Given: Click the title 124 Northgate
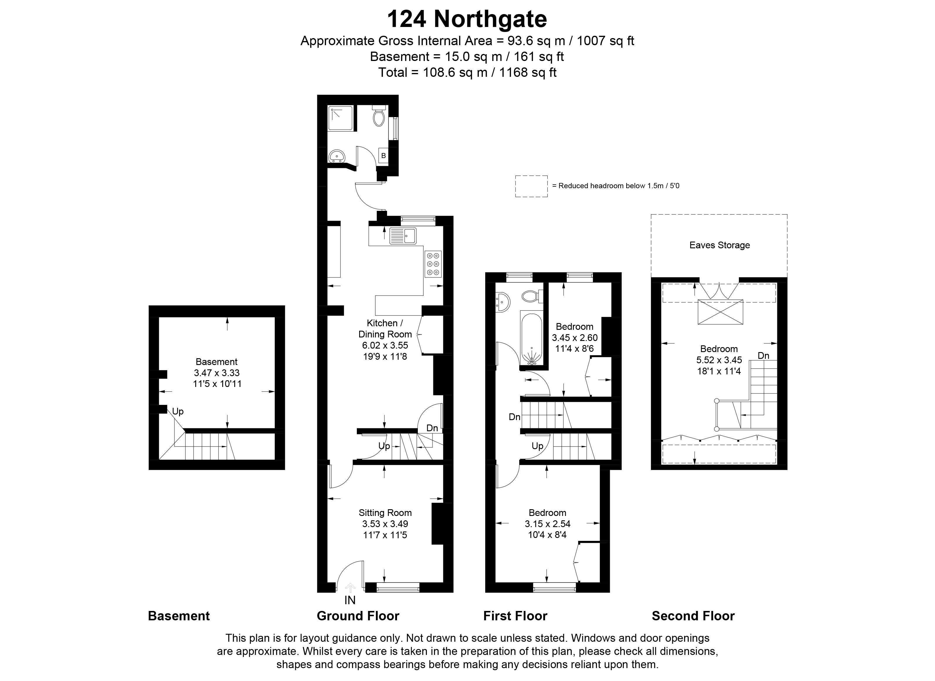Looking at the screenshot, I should click(467, 19).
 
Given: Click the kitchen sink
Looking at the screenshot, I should click(403, 236).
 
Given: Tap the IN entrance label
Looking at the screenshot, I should click(350, 600).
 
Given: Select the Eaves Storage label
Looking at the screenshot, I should click(720, 245).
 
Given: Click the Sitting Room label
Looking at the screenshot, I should click(385, 513).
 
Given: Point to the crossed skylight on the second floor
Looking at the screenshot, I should click(720, 312).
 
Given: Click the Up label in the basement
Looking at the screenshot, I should click(178, 411).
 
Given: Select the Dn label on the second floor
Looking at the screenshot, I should click(763, 355).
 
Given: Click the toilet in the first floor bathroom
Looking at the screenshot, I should click(531, 296).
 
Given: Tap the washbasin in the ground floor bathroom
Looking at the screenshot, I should click(337, 156).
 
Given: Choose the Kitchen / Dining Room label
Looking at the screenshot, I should click(385, 329).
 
